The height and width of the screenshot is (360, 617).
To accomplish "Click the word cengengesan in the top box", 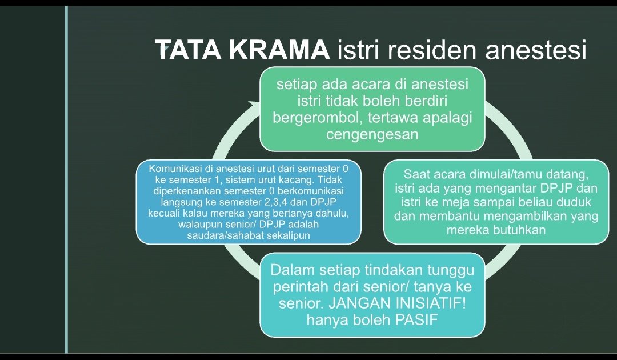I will click(x=372, y=135).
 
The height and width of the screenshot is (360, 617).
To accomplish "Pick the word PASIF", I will click(x=416, y=320).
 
